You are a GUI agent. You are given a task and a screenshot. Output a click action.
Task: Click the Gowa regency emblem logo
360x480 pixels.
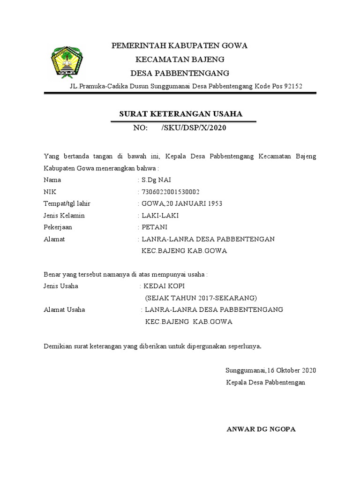coord(67,61)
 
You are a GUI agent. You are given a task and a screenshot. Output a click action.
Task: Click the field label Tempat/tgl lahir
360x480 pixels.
coord(67,203)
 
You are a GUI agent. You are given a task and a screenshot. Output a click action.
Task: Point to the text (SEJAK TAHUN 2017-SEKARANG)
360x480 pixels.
coord(201,298)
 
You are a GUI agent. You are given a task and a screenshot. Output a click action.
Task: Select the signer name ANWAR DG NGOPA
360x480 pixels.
coord(261,429)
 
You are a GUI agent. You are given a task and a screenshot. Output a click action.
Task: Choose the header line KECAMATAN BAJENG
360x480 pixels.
coord(180,60)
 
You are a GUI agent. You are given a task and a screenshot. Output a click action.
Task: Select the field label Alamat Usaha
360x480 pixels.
coord(64,309)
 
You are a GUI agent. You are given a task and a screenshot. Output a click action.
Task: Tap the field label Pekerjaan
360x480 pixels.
coord(58,227)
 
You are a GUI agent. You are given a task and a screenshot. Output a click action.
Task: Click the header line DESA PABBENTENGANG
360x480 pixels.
coord(180,73)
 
